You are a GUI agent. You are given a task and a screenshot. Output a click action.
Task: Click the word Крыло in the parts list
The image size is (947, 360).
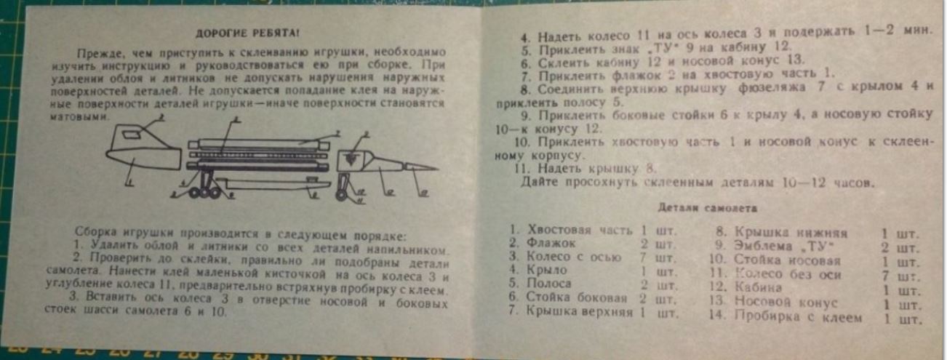547,270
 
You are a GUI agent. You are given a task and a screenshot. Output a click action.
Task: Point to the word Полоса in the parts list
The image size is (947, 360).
551,283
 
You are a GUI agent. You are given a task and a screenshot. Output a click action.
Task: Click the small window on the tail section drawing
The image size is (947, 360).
132,135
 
